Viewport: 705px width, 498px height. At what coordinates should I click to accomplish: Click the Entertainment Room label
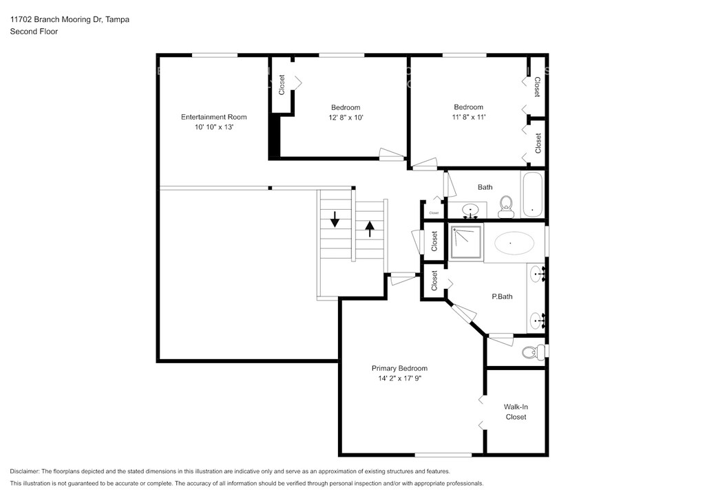[213, 117]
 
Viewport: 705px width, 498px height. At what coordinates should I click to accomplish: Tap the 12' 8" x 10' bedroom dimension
[346, 118]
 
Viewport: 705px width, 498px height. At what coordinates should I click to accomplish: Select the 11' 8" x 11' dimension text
[468, 117]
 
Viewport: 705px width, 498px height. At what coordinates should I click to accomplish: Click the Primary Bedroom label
[399, 368]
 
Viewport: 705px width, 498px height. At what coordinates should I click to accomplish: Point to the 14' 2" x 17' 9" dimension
[399, 378]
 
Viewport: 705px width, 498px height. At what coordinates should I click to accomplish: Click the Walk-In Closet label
[516, 412]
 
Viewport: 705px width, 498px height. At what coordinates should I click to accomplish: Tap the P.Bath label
[502, 296]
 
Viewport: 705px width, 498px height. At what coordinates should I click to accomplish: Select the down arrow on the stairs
[335, 219]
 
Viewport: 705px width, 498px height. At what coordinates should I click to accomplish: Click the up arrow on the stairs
[370, 228]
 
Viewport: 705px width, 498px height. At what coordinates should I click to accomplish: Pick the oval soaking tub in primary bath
[514, 243]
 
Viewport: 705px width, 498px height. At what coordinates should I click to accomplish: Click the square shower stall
[466, 243]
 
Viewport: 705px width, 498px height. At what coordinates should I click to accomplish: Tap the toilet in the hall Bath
[506, 207]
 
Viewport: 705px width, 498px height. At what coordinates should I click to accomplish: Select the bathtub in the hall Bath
[533, 195]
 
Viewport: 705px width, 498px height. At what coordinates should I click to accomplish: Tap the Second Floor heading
[34, 32]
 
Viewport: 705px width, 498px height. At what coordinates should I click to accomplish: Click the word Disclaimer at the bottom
[25, 471]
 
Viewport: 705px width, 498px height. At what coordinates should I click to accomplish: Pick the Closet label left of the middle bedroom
[282, 85]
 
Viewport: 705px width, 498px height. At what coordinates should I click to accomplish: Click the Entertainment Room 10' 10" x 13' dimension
[213, 127]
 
